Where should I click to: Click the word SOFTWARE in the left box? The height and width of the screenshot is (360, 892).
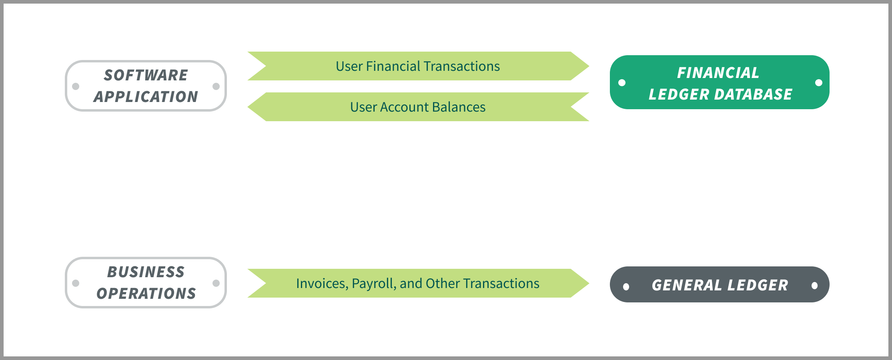click(146, 75)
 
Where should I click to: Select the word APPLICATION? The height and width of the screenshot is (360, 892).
click(146, 97)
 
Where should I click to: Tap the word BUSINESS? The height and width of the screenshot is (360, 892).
click(146, 272)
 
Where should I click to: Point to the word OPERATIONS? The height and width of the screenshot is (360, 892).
click(146, 294)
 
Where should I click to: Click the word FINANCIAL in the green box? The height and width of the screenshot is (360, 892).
click(718, 73)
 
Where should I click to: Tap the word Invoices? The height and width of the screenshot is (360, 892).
click(322, 284)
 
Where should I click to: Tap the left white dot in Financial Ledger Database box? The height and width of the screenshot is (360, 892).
click(622, 83)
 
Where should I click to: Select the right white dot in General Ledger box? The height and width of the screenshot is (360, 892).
click(814, 286)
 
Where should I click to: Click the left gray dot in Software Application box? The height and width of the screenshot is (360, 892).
click(76, 86)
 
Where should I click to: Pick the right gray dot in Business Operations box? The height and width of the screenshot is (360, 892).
click(216, 283)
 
